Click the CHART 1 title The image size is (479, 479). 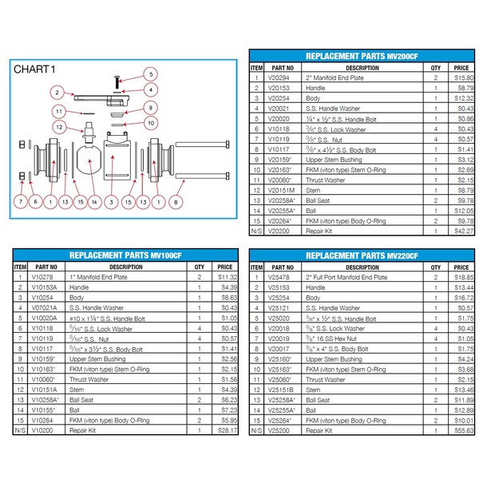(35, 69)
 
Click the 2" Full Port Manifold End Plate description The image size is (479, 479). (346, 276)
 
